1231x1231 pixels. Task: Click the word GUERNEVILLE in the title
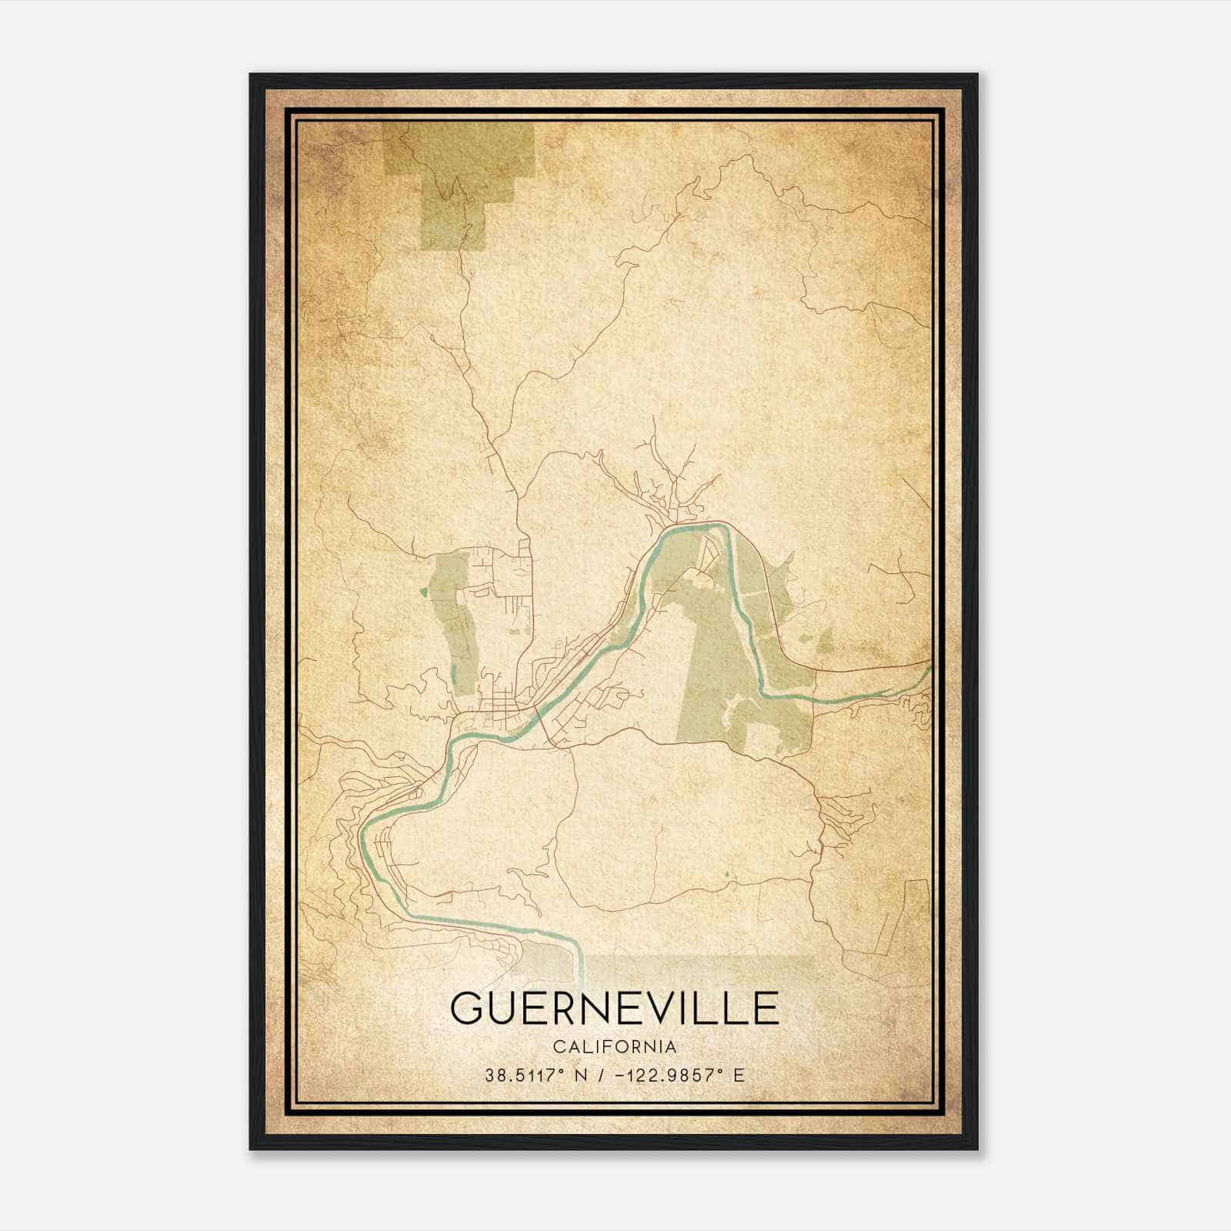pyautogui.click(x=614, y=1008)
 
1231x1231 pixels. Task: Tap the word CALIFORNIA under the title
pyautogui.click(x=614, y=1047)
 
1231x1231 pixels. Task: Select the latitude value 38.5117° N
pyautogui.click(x=536, y=1076)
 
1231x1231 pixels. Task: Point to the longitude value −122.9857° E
pyautogui.click(x=680, y=1076)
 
